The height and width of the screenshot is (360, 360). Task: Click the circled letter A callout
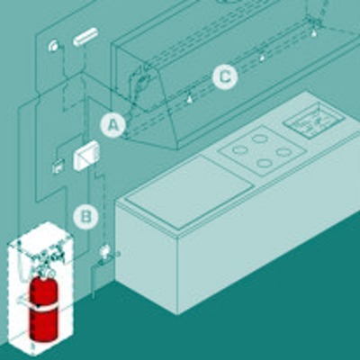pyautogui.click(x=112, y=125)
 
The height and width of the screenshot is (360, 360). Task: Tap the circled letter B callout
pyautogui.click(x=86, y=217)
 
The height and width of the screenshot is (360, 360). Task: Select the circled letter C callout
pyautogui.click(x=225, y=77)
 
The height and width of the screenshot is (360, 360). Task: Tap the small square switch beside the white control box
pyautogui.click(x=58, y=166)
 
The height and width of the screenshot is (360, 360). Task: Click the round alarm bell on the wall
pyautogui.click(x=54, y=46)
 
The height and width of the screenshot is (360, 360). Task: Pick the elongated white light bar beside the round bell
pyautogui.click(x=85, y=36)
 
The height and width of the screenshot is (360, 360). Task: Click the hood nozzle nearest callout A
pyautogui.click(x=189, y=99)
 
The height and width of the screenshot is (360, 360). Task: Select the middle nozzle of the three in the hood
pyautogui.click(x=262, y=58)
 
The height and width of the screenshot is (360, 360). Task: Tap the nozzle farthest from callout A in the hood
pyautogui.click(x=313, y=33)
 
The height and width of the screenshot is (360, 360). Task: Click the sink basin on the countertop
pyautogui.click(x=312, y=122)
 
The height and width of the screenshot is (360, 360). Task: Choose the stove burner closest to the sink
pyautogui.click(x=283, y=152)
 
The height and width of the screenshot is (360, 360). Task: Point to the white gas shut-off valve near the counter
pyautogui.click(x=104, y=250)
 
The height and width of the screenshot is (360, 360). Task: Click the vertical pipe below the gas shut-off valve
pyautogui.click(x=93, y=281)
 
